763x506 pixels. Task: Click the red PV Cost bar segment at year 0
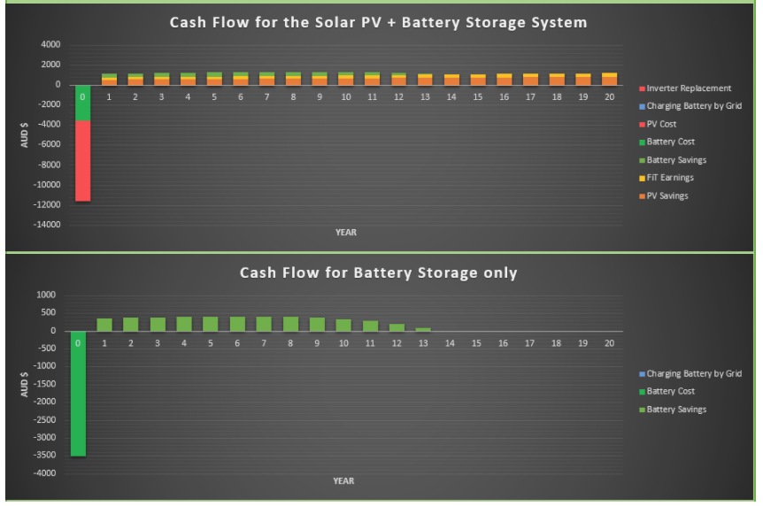tap(82, 161)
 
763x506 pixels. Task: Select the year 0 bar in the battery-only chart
tap(79, 394)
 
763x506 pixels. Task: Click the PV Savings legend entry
tap(664, 196)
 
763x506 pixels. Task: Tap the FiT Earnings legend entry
tap(667, 178)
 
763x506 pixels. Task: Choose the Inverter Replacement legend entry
tap(685, 88)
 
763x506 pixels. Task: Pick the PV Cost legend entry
tap(658, 124)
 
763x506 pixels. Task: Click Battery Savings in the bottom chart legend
tap(673, 410)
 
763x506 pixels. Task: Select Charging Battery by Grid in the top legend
tap(690, 106)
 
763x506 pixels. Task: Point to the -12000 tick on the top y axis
tap(47, 205)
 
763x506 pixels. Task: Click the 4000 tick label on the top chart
tap(50, 44)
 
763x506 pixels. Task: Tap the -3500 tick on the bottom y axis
tap(44, 456)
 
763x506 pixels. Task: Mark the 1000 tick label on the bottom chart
tap(46, 295)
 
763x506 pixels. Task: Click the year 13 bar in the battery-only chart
tap(423, 329)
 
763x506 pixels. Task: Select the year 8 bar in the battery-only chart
tap(290, 324)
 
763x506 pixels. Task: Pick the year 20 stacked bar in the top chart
tap(609, 80)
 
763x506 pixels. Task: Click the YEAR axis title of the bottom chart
tap(343, 481)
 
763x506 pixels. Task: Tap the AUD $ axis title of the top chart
tap(24, 135)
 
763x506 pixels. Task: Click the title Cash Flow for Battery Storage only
tap(379, 273)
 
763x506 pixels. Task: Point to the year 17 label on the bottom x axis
tap(529, 343)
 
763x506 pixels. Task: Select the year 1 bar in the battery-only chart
tap(104, 325)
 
